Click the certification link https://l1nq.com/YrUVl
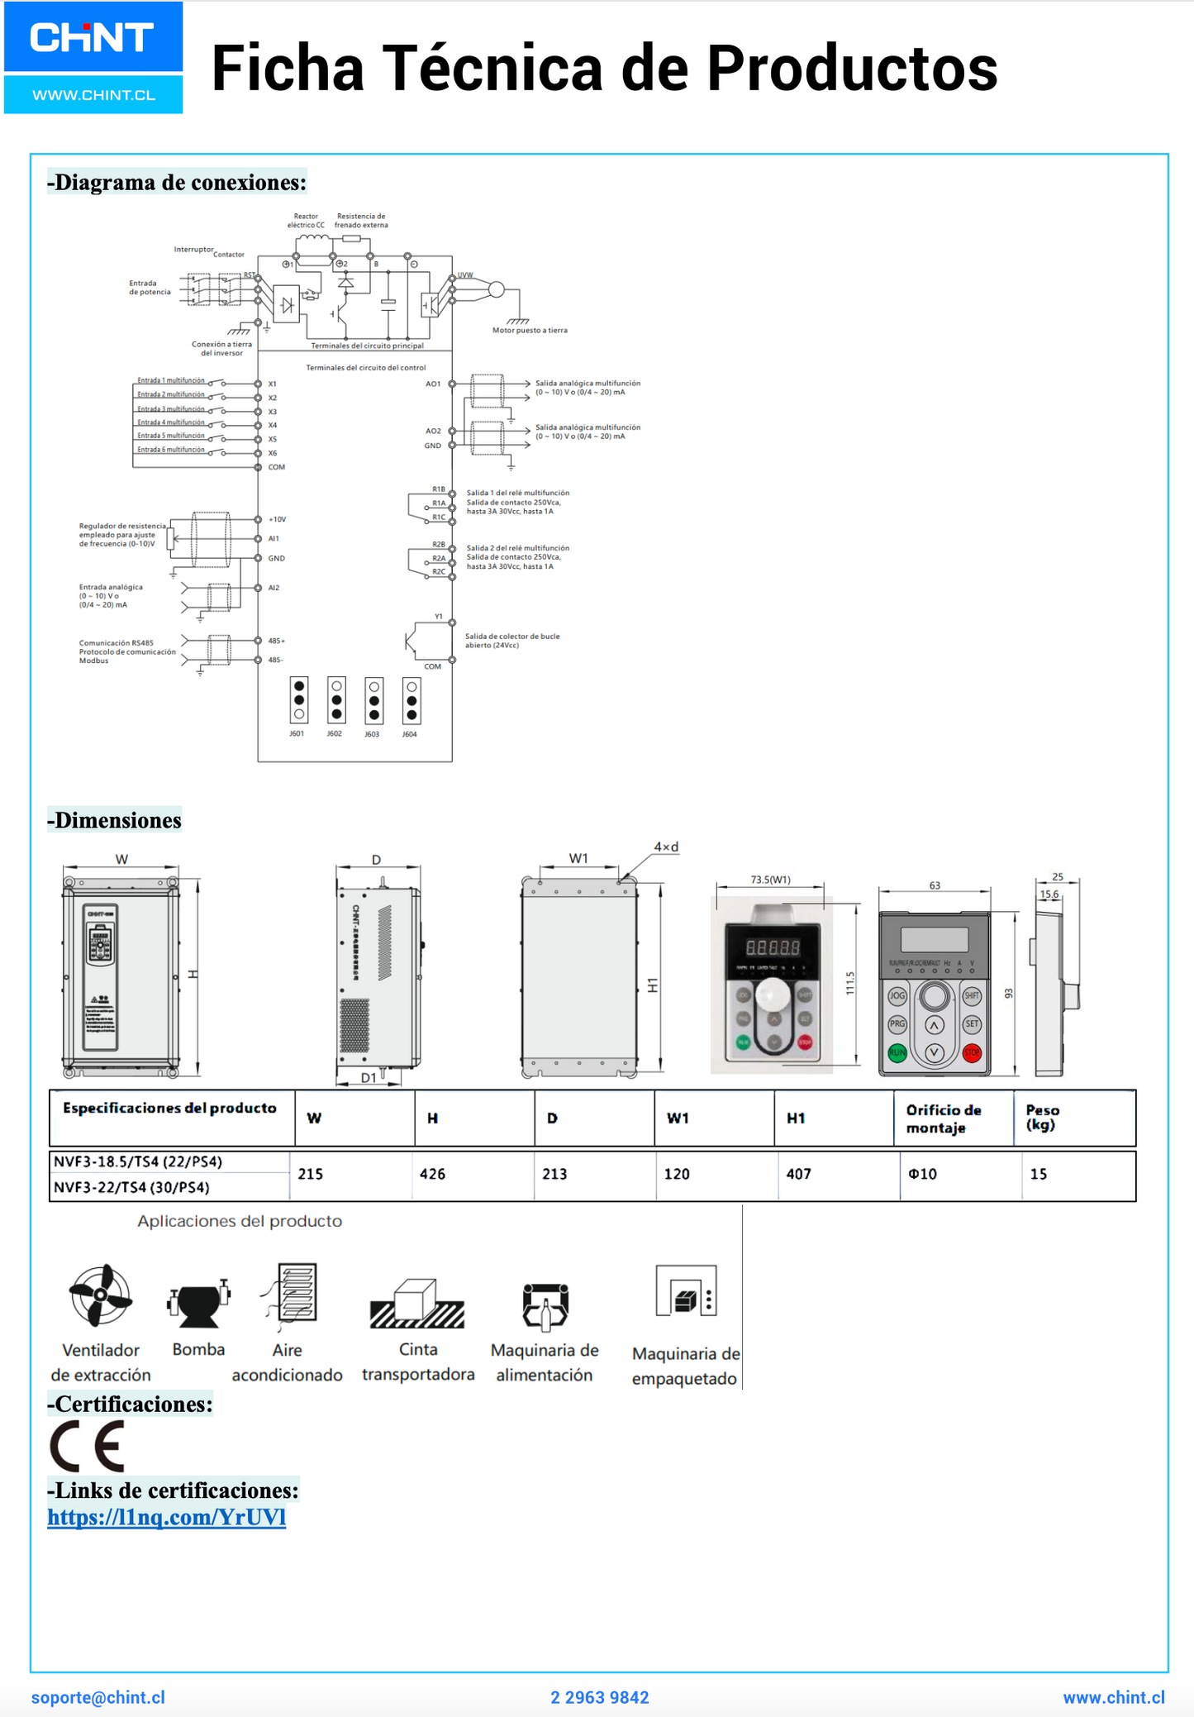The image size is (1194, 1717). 166,1517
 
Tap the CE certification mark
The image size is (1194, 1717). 88,1446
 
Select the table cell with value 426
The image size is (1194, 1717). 432,1174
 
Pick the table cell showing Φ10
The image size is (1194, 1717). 922,1174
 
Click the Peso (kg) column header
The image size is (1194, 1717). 1043,1118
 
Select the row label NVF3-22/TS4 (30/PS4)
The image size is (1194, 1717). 131,1187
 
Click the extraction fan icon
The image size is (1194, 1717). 100,1295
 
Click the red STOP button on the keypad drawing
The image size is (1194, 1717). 972,1053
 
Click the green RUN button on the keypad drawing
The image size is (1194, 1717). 897,1053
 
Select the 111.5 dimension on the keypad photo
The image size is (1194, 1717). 850,983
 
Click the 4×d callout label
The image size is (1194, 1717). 666,847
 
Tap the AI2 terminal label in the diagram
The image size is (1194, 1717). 274,588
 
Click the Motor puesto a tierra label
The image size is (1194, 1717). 530,331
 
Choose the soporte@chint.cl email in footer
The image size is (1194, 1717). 98,1697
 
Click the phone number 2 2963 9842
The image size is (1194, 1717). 600,1697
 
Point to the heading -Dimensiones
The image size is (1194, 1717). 114,820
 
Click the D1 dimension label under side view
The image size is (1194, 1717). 369,1077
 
